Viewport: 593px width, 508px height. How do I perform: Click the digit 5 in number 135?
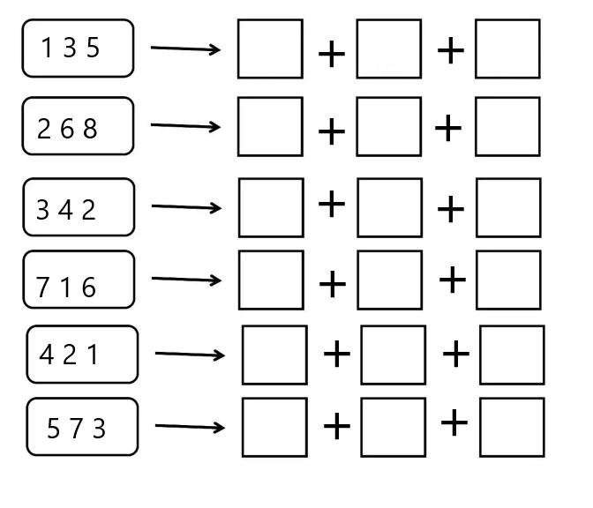[x=93, y=48]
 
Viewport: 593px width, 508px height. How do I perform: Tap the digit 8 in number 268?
[x=90, y=128]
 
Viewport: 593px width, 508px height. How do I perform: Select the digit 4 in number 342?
[x=65, y=210]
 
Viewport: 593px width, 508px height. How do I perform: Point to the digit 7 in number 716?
[x=42, y=287]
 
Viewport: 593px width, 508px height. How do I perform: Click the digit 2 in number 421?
[x=70, y=355]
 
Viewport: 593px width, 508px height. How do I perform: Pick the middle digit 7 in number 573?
[x=77, y=429]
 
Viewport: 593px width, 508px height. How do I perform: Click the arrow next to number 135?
[x=185, y=49]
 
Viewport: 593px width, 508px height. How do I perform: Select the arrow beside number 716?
[x=186, y=280]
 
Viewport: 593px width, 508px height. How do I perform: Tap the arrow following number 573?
[x=190, y=427]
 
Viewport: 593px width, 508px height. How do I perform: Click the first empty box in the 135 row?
[x=270, y=49]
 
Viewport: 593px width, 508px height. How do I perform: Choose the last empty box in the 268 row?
[x=507, y=127]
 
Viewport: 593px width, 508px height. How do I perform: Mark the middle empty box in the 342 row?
[x=389, y=208]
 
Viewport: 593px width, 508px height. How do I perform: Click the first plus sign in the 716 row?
[x=333, y=284]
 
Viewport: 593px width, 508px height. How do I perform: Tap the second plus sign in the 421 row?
[x=455, y=354]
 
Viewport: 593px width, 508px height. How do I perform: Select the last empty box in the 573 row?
[x=512, y=427]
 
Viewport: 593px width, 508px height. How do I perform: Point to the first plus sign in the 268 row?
[x=332, y=131]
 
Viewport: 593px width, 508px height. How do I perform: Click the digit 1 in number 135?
[x=47, y=48]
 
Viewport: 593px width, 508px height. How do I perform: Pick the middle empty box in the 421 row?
[x=394, y=355]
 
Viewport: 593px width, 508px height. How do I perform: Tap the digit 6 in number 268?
[x=67, y=128]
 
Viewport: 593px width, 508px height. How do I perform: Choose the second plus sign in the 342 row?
[x=450, y=209]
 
